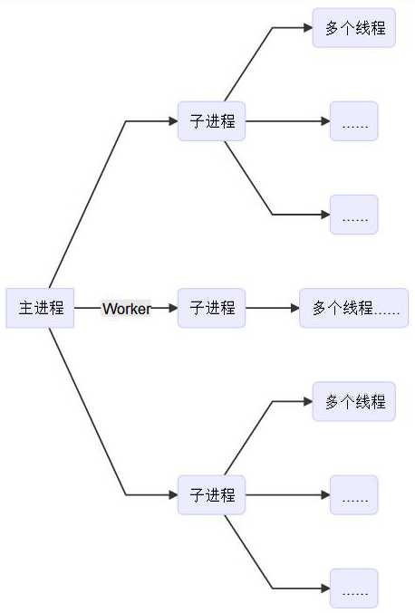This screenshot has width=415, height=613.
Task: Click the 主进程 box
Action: [x=41, y=308]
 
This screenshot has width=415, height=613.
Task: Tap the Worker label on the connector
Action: [x=126, y=309]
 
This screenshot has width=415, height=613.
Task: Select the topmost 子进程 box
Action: [x=212, y=121]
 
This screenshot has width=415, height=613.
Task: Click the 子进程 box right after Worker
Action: [x=212, y=308]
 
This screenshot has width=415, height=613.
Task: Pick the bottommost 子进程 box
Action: [x=212, y=495]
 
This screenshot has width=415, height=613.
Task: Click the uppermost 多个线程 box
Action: [x=354, y=28]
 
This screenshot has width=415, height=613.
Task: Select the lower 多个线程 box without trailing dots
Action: [x=354, y=402]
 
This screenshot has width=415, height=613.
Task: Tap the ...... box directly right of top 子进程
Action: [x=354, y=121]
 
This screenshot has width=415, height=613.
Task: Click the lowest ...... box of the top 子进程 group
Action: [x=354, y=215]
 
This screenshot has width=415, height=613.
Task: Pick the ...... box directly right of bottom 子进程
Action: [x=354, y=495]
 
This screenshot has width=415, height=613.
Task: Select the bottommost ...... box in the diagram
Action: [x=354, y=589]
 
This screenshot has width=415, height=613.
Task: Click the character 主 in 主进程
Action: [x=26, y=308]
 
